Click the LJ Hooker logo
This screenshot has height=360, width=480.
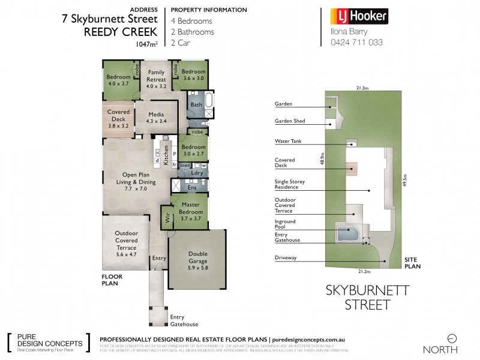[359, 16]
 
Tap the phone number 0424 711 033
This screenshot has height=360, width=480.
[356, 43]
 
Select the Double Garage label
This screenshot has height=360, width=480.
[197, 257]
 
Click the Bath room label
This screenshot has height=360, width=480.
[196, 105]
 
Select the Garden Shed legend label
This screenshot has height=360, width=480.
[290, 121]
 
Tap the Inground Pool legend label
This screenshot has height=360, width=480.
[286, 225]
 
